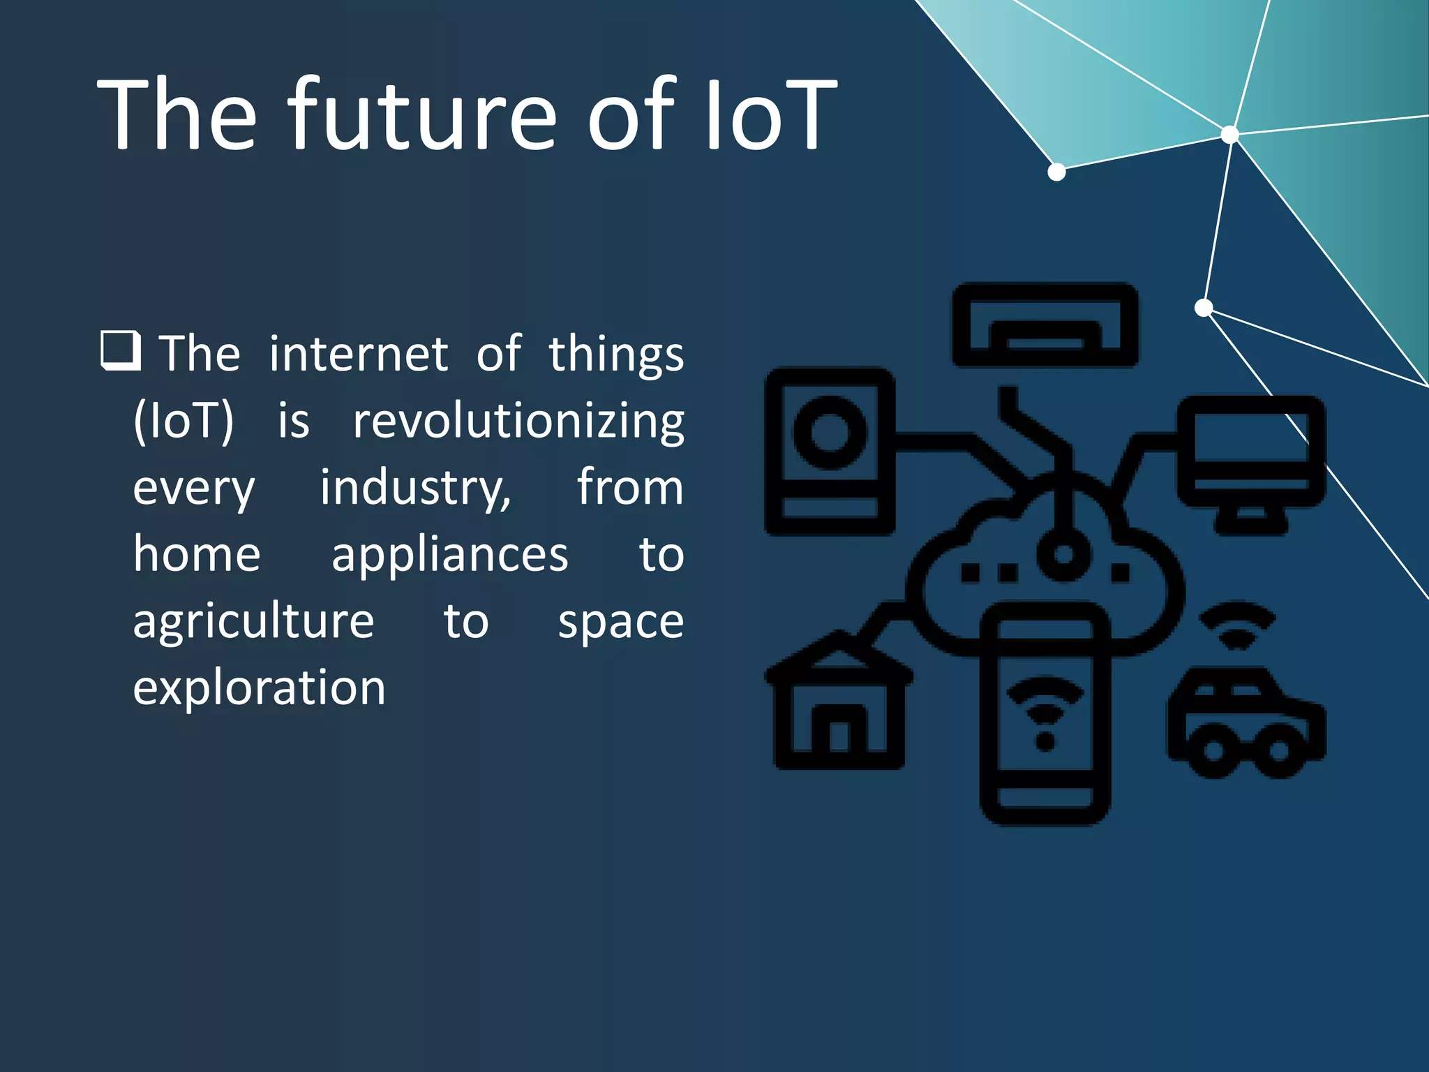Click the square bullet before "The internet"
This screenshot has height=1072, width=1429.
pos(121,350)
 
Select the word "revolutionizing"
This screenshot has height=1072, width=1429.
pos(518,422)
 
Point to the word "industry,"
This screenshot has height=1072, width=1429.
pos(416,488)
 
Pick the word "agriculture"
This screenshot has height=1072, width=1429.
pos(253,621)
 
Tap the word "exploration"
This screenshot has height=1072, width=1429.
pos(259,688)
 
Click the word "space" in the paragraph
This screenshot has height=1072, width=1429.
pos(620,621)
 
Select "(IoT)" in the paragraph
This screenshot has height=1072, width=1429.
pos(184,422)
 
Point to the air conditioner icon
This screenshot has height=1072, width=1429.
pos(1045,325)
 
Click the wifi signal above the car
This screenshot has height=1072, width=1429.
pos(1237,625)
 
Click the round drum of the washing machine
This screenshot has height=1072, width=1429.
pos(830,433)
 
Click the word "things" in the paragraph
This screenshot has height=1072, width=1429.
pos(615,355)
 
